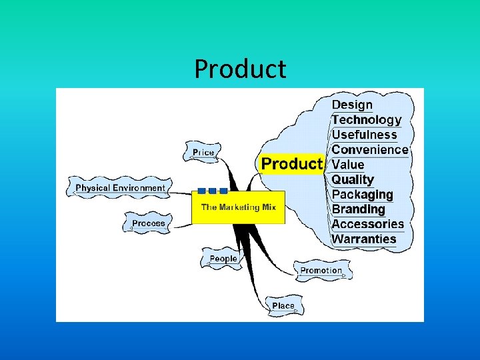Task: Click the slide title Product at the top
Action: (x=240, y=69)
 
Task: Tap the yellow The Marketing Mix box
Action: (x=238, y=207)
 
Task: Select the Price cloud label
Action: (x=203, y=153)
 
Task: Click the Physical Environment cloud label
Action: (x=120, y=188)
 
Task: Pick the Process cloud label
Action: (x=148, y=223)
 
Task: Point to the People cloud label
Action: (x=223, y=259)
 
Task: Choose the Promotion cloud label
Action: (x=321, y=271)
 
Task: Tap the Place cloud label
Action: (x=283, y=306)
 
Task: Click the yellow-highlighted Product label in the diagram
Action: (x=291, y=164)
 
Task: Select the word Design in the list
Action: (x=352, y=105)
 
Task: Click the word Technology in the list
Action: (x=367, y=120)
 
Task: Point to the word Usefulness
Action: (x=364, y=135)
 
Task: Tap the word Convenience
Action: (x=369, y=149)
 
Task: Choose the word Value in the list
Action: (x=348, y=165)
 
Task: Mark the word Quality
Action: (x=353, y=179)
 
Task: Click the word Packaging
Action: (x=362, y=195)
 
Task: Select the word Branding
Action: (x=359, y=209)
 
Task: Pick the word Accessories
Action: (x=368, y=224)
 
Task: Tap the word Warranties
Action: (x=364, y=239)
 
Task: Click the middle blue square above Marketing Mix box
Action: (x=212, y=191)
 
